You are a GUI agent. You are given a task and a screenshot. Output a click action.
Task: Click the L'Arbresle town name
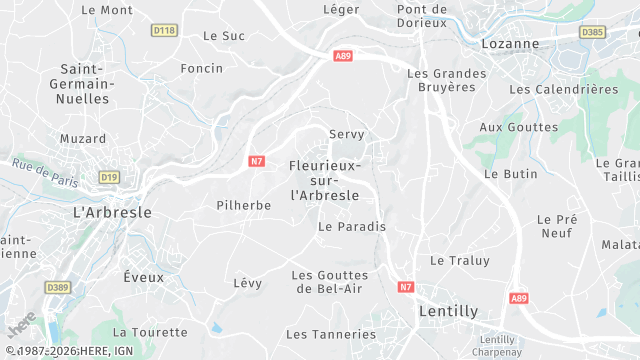[x=113, y=212]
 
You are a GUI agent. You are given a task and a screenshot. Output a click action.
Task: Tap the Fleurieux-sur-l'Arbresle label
[x=325, y=179]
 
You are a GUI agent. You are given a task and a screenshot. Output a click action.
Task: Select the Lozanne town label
[x=510, y=44]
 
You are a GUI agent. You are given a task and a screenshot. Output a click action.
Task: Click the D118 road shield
[x=164, y=31]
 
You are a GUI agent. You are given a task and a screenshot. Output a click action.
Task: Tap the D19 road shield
[x=109, y=177]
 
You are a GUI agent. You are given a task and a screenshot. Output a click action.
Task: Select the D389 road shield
[x=58, y=287]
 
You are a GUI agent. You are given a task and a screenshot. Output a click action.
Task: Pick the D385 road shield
[x=593, y=32]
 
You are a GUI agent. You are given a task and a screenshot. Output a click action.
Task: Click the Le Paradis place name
[x=351, y=226]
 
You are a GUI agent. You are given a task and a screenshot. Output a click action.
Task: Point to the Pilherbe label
[x=244, y=205]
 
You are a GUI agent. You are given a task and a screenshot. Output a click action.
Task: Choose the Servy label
[x=347, y=134]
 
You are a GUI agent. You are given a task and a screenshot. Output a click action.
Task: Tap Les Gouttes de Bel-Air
[x=330, y=281]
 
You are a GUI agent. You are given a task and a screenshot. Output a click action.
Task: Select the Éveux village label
[x=143, y=275]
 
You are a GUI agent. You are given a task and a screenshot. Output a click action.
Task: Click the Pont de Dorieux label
[x=421, y=15]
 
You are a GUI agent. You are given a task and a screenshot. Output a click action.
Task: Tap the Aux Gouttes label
[x=518, y=127]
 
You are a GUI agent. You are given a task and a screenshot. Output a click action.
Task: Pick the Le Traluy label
[x=460, y=260]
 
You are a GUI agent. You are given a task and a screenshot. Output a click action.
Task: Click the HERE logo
[x=20, y=327]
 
